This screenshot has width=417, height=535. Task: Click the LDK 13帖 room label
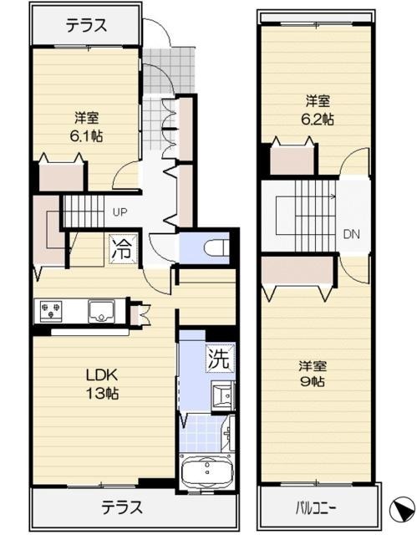click(x=102, y=384)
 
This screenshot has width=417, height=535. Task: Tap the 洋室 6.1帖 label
click(x=87, y=127)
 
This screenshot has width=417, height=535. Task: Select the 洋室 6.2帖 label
click(x=317, y=110)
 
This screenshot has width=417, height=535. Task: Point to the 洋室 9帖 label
click(x=313, y=374)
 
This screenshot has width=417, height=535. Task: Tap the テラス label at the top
click(x=86, y=26)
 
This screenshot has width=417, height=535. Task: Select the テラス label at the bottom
click(x=121, y=507)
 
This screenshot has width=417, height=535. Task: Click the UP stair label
click(x=120, y=212)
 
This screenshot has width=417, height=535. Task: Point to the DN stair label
click(x=352, y=234)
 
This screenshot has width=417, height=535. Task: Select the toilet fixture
click(x=216, y=247)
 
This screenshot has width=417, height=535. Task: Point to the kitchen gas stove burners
click(x=51, y=310)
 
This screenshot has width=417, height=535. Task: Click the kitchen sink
click(x=101, y=310)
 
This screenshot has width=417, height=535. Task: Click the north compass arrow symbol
click(x=401, y=507)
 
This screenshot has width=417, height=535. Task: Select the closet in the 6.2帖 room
click(x=292, y=160)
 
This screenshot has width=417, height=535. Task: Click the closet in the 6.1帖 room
click(x=62, y=176)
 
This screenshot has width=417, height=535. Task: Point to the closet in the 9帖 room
click(x=297, y=270)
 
